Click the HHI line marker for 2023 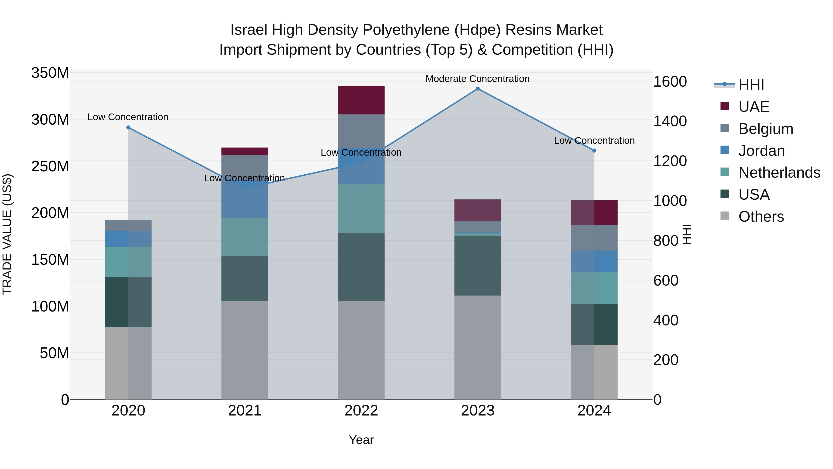tap(478, 89)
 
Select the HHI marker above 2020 tap(128, 128)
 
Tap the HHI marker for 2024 tap(594, 151)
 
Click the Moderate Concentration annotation tap(477, 79)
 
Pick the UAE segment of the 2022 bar tap(361, 100)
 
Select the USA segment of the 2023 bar tap(478, 265)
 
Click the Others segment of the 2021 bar tap(245, 350)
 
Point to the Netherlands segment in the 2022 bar tap(361, 208)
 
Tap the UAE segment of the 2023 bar tap(478, 210)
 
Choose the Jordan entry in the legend tap(762, 151)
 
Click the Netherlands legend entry tap(779, 173)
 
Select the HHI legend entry tap(751, 85)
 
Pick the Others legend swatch tap(725, 216)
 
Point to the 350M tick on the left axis tap(50, 73)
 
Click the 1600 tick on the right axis tap(670, 82)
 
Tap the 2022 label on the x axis tap(361, 411)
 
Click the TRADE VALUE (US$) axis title tap(7, 234)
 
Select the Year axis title tap(361, 440)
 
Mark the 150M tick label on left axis tap(50, 260)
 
